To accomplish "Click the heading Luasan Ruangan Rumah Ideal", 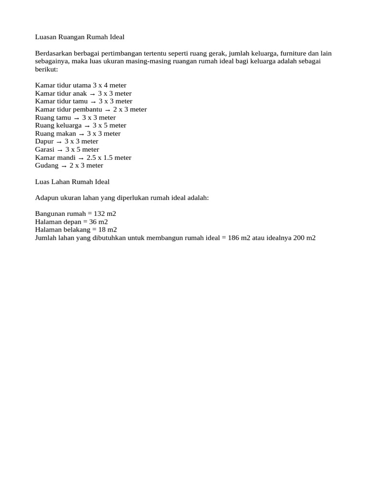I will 80,37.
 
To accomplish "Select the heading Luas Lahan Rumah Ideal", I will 72,182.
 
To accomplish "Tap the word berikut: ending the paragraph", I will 46,69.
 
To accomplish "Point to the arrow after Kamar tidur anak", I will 92,94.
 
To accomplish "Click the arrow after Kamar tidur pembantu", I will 107,110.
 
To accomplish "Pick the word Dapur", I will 44,142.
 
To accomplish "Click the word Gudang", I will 46,166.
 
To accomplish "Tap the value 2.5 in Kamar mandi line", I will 91,158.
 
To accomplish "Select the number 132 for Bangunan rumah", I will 98,214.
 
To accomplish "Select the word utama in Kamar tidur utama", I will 81,86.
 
